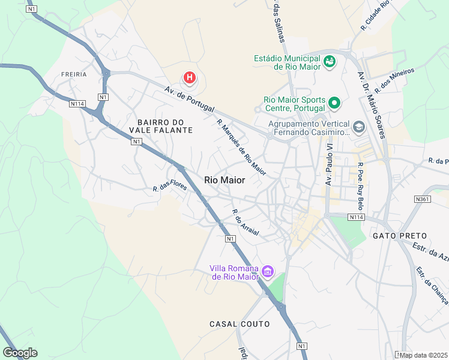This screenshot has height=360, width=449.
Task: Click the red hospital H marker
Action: [190, 77]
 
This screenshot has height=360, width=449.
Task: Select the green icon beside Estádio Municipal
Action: [330, 61]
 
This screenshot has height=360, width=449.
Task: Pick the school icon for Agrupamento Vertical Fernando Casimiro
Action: [358, 127]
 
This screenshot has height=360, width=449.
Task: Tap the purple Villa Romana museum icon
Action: [267, 273]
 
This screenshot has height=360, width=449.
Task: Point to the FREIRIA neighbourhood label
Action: [74, 74]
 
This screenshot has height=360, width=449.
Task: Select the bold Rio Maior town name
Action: [224, 179]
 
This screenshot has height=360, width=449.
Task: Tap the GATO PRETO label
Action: [400, 236]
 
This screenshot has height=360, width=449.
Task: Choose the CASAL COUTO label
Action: [240, 324]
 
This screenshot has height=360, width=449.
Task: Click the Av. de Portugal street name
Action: [190, 99]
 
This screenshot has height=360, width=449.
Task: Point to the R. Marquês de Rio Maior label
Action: [241, 147]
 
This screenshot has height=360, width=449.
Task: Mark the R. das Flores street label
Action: [170, 187]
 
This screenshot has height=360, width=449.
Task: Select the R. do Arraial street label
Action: [246, 223]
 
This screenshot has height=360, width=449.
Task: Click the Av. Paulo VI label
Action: [328, 163]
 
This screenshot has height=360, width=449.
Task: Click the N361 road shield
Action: [423, 199]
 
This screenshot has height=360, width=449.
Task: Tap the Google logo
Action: [20, 353]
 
